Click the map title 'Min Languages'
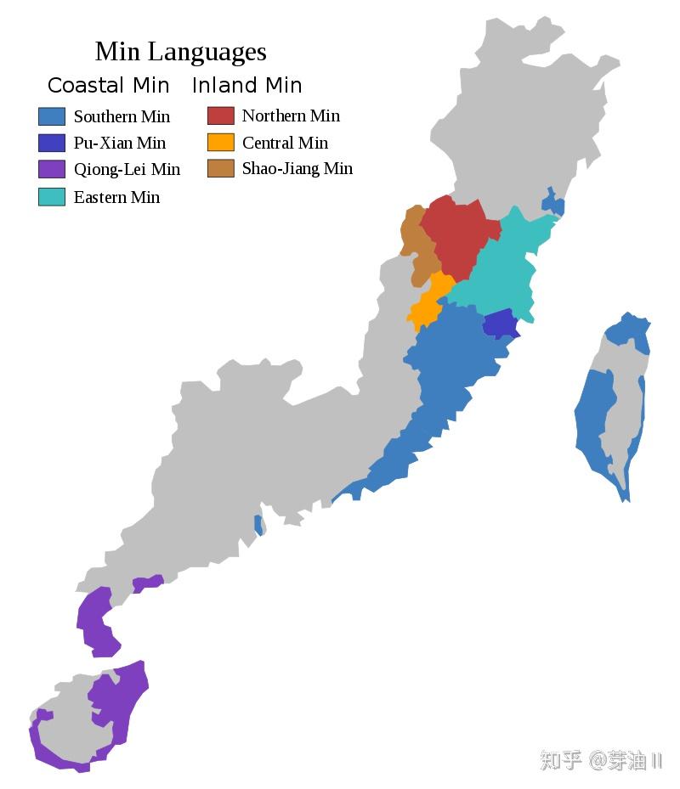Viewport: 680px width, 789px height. (180, 52)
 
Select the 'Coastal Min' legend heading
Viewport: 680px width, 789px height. (108, 86)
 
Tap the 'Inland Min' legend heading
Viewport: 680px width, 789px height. (246, 86)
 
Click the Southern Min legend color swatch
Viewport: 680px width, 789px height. (52, 116)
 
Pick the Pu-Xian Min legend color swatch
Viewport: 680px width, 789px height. (52, 143)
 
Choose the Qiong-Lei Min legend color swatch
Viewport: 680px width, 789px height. (52, 169)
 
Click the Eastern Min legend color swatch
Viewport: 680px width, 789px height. (52, 197)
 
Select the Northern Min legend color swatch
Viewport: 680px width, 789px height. (221, 116)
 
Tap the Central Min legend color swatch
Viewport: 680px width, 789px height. (221, 142)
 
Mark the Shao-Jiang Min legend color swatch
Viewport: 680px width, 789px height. (221, 168)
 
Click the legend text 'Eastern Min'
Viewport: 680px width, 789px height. (116, 197)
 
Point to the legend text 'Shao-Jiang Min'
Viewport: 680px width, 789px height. (297, 168)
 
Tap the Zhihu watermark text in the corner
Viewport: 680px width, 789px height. (600, 760)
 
